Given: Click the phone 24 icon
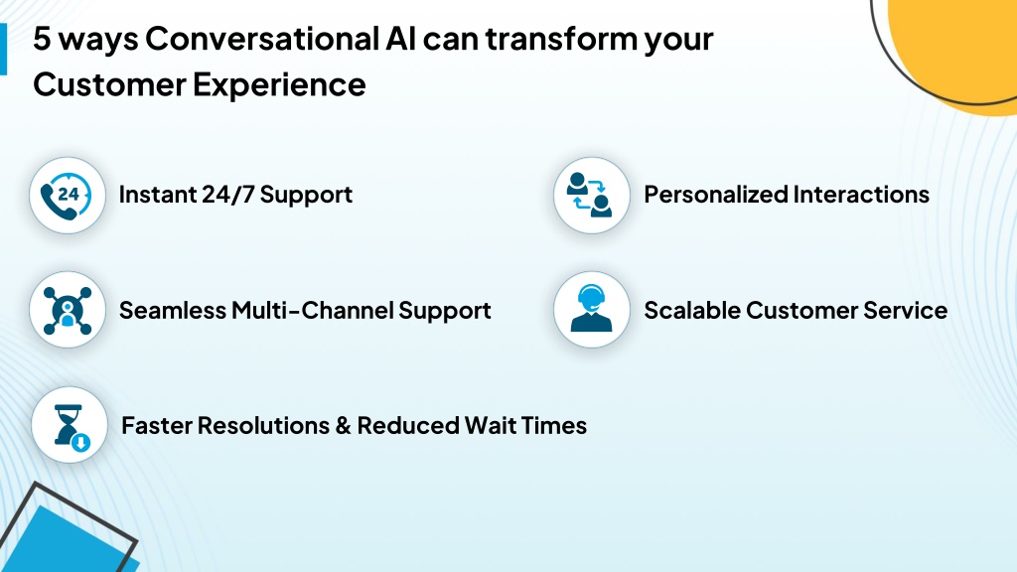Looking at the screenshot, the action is pos(67,196).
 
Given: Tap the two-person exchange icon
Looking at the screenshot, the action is pos(591,195).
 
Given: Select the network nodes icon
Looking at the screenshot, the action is pos(68,311).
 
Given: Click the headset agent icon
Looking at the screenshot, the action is pos(591,309).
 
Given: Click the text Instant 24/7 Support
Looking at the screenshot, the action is pos(235,195).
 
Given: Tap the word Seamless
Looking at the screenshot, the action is pos(173,311).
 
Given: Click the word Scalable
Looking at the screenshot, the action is pos(691,310).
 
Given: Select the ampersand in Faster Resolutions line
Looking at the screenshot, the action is pos(343,426).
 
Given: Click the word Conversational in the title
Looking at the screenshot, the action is pos(261,39).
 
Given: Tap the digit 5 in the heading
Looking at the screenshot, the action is pos(42,39).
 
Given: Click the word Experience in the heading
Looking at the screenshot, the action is pos(279,85).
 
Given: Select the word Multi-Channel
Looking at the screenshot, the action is pos(313,311).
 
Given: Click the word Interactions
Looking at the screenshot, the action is pos(861,195).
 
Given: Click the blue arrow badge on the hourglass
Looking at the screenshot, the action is pos(80,443).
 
